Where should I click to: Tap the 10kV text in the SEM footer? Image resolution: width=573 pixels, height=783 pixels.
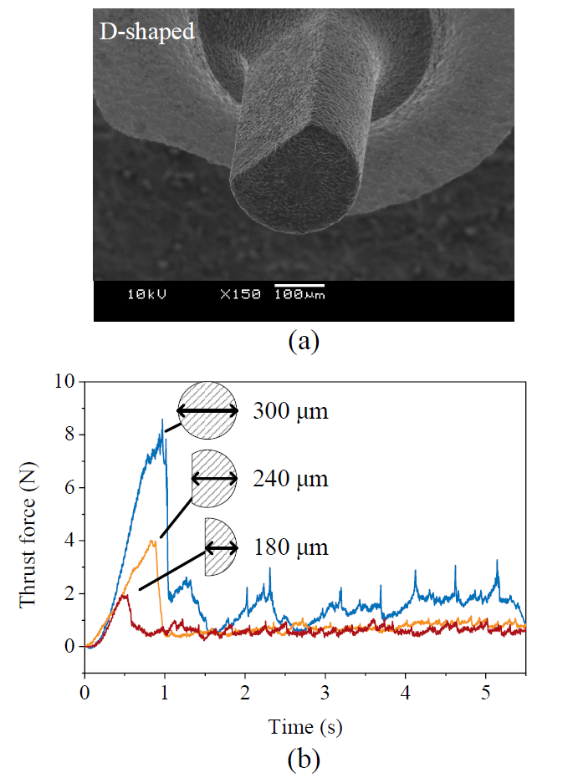(147, 294)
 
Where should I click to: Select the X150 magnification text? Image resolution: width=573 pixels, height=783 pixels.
(240, 294)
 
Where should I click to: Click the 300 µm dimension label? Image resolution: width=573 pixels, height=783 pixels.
(290, 411)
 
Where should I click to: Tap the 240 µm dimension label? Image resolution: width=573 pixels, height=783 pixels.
(290, 479)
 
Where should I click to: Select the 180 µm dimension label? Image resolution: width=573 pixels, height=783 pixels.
(290, 547)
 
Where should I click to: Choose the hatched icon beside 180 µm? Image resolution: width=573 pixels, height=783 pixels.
(220, 547)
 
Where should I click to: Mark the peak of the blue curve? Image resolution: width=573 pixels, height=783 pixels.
(162, 419)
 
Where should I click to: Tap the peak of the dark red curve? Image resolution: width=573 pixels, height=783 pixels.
(125, 595)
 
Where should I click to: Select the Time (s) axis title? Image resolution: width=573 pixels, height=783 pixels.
(305, 726)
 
